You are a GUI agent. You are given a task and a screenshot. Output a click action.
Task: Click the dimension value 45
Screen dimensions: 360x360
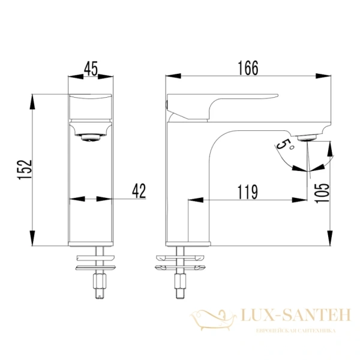tap(91, 68)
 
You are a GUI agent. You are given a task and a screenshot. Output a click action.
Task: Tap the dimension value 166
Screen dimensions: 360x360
tap(248, 68)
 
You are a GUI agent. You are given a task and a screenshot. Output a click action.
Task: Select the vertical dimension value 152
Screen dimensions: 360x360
tap(25, 169)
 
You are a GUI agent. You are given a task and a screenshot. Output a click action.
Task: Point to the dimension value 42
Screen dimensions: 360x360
tap(139, 191)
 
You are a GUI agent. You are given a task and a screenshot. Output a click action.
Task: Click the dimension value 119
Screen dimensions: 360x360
tap(247, 192)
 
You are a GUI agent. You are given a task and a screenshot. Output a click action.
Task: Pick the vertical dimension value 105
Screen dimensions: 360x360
tap(322, 193)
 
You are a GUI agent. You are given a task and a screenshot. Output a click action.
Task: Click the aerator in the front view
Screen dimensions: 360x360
tap(91, 137)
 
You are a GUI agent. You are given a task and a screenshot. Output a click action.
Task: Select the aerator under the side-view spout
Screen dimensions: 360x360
tap(307, 138)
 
